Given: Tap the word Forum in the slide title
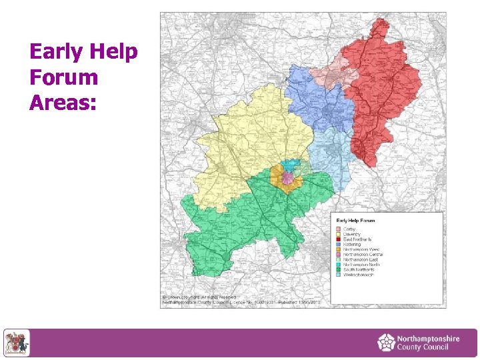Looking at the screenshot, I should [64, 77].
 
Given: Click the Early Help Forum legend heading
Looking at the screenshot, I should [355, 220].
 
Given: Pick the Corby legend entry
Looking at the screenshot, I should [349, 229].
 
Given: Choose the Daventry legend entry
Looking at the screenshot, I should [352, 235].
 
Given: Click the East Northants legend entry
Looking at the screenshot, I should [357, 239].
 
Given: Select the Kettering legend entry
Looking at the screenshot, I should [352, 245].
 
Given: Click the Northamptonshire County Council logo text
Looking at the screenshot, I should [427, 343].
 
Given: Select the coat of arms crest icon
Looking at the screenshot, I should [17, 343].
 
